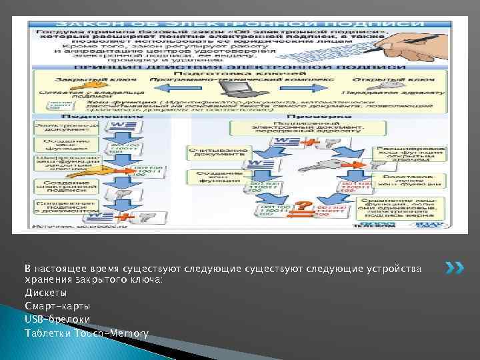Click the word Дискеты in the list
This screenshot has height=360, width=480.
click(45, 292)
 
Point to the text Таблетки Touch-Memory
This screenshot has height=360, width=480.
click(87, 333)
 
